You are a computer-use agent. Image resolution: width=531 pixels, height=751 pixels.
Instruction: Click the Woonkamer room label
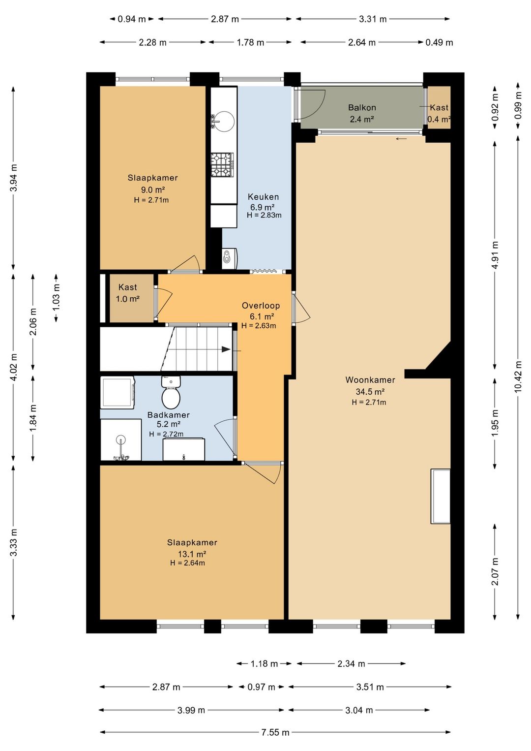370,380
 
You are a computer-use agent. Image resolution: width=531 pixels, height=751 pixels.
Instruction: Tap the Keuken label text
264,197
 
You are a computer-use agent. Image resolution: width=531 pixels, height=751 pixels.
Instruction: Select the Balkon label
362,108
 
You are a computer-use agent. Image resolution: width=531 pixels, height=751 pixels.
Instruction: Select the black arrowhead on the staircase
226,349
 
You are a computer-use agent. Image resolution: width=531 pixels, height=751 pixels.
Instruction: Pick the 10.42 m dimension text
518,376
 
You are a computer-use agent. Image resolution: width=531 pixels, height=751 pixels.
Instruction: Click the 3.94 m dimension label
13,178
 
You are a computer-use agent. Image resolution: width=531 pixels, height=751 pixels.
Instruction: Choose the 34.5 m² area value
370,391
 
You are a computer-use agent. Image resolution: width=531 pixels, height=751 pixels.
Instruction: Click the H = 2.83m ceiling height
264,215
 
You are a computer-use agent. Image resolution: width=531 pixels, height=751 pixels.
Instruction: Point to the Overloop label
261,306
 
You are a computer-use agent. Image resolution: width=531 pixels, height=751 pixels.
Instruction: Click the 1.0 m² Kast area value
128,299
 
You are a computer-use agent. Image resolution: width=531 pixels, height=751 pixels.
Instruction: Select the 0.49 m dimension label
439,43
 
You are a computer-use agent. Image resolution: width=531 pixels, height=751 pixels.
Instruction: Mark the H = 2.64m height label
187,563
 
